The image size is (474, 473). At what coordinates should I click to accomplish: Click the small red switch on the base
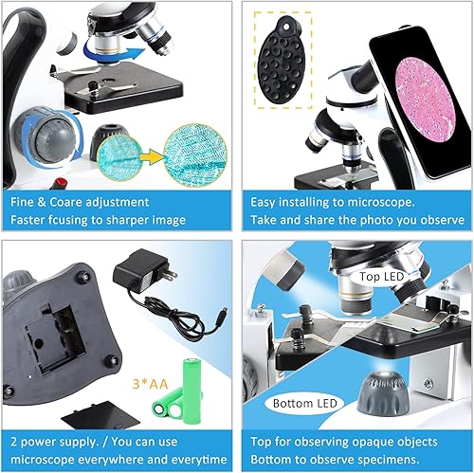(x=63, y=179)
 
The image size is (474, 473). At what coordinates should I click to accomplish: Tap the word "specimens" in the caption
(x=425, y=458)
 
